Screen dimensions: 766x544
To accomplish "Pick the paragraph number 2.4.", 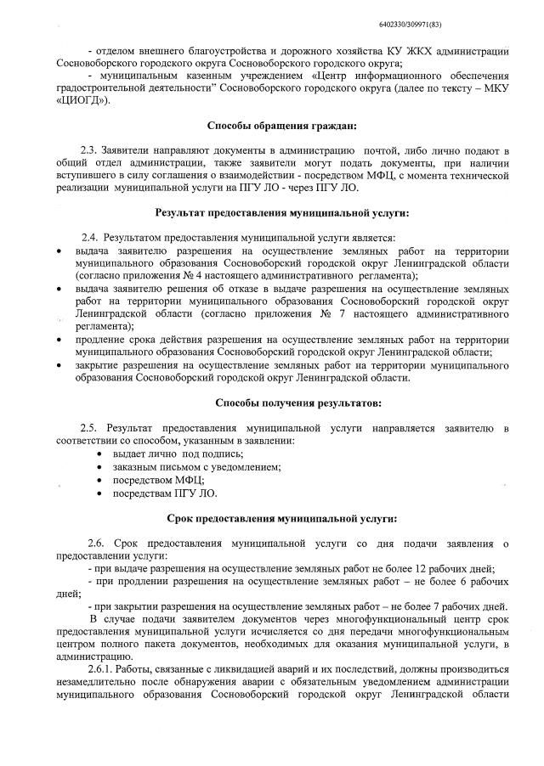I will pos(91,236).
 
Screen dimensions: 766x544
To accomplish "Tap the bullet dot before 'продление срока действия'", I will pos(57,339).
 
